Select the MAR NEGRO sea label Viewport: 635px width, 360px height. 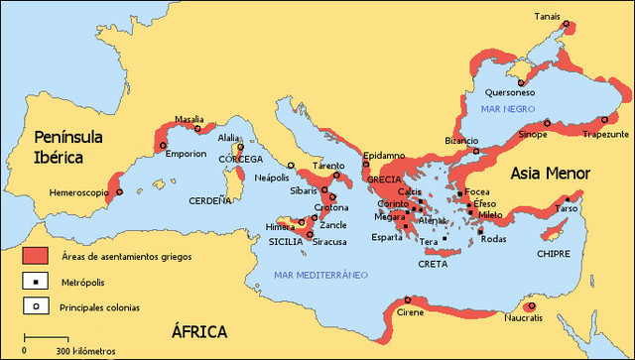coord(505,107)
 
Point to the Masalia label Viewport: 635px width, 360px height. coord(190,118)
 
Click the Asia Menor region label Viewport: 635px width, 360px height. coord(551,173)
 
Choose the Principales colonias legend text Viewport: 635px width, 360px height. coord(97,306)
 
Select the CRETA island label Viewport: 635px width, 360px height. coord(433,264)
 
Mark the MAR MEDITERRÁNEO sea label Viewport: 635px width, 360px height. coord(321,274)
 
